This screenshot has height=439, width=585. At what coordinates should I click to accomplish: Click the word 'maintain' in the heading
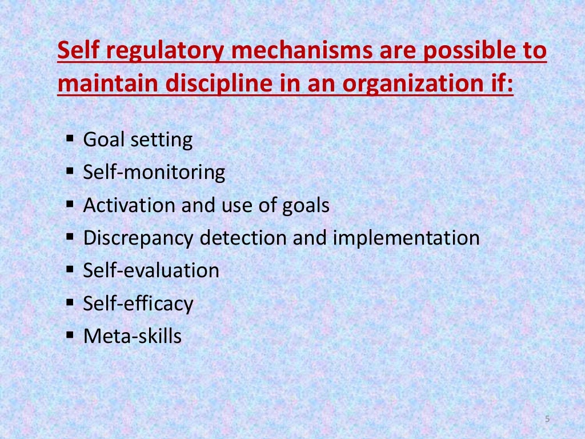coord(107,85)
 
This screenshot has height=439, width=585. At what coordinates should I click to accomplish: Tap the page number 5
coord(547,420)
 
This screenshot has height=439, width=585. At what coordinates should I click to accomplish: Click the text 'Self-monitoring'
coord(154,172)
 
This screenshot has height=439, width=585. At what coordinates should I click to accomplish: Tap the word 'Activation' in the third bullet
coord(130,205)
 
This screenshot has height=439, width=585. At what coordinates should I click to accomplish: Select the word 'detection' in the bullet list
coord(244,238)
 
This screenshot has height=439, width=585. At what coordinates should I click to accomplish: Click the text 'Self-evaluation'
coord(151,270)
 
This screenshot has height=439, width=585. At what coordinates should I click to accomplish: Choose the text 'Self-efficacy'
coord(138,304)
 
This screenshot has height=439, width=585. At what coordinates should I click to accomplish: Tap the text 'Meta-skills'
coord(132,336)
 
